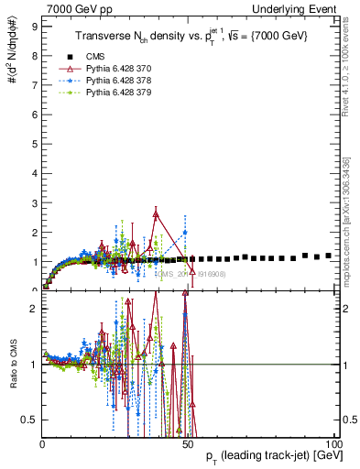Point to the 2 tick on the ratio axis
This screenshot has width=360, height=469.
pos(34,309)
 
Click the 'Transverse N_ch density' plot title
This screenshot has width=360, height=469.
pos(191,35)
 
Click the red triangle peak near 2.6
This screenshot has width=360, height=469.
pos(157,214)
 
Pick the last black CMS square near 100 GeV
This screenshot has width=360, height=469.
pos(329,256)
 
